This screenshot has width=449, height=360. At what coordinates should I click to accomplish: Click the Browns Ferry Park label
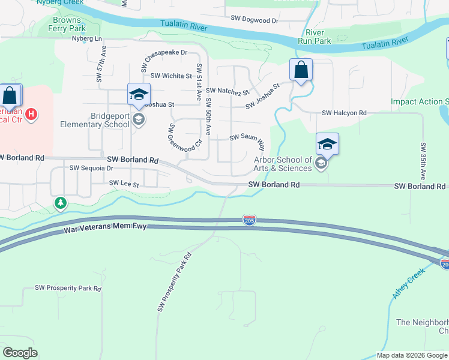point(67,24)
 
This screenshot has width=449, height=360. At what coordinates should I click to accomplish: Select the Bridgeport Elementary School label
point(94,120)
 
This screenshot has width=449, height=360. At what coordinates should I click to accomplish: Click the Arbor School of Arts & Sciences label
point(283,164)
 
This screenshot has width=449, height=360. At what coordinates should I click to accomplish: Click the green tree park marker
point(60,203)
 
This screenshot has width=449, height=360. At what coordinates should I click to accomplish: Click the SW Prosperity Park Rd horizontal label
point(68,289)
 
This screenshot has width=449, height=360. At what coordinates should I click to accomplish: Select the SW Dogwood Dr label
point(255,20)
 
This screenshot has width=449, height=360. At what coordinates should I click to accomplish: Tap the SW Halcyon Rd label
point(344,113)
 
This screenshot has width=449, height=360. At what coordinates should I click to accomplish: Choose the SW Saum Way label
point(247,138)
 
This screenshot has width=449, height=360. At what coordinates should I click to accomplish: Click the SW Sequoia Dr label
point(91,169)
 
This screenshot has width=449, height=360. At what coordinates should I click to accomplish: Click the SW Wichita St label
point(171,76)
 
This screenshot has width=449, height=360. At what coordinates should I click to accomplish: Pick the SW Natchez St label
point(228,91)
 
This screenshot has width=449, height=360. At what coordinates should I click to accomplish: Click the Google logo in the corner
point(20,352)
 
